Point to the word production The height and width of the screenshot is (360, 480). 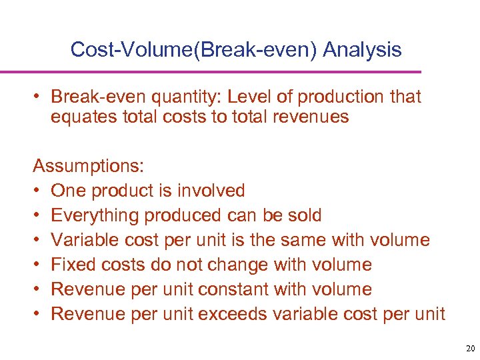click(x=339, y=97)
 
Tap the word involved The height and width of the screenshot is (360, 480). click(x=211, y=191)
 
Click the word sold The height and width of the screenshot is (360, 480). click(x=303, y=215)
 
